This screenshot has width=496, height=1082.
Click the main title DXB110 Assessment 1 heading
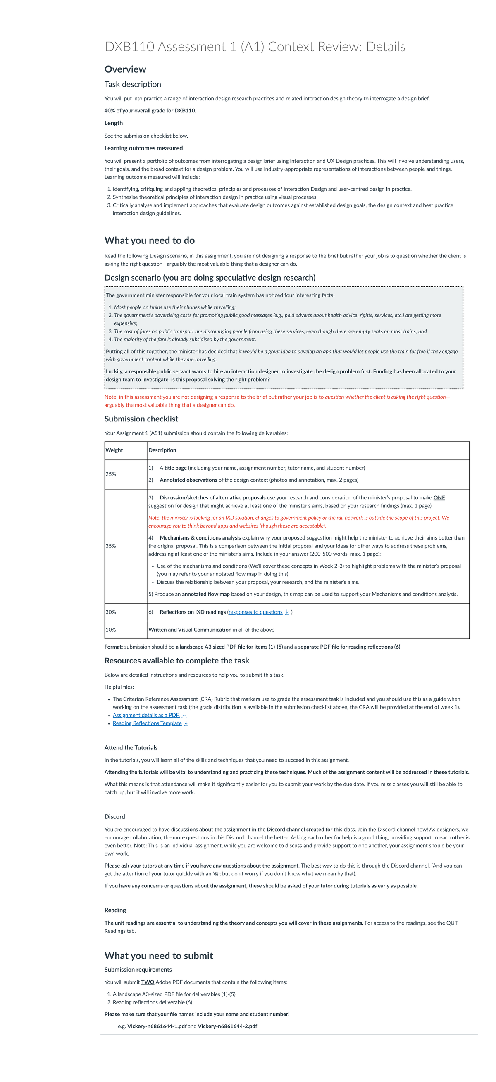tap(254, 47)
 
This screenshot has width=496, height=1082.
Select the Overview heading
tap(125, 69)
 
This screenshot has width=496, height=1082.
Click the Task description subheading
tap(132, 84)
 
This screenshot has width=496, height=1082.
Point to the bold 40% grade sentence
tap(150, 110)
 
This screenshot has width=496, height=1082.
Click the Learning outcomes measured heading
tap(143, 148)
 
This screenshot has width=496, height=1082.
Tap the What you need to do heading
tap(149, 240)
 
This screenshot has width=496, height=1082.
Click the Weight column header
tap(114, 450)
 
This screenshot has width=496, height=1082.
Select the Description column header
tap(162, 450)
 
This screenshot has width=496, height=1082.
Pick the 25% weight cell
tap(111, 474)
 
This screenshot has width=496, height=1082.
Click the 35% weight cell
tap(111, 546)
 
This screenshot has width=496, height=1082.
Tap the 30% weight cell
tap(111, 612)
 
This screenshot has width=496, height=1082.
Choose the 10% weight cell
tap(111, 630)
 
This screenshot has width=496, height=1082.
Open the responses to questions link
tap(255, 612)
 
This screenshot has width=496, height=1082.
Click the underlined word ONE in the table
tap(439, 498)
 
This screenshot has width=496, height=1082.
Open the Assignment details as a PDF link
tap(146, 715)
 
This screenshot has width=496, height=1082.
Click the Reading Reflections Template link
tap(147, 723)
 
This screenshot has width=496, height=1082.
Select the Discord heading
tap(115, 817)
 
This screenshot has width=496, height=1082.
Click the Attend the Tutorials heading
tap(131, 748)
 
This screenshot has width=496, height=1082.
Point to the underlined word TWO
tap(148, 982)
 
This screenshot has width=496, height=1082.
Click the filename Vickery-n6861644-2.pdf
tap(227, 1027)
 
